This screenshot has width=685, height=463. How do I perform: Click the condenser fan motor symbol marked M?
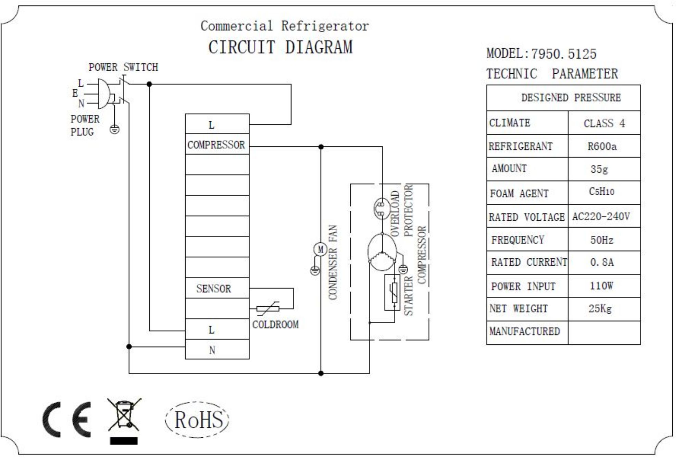(x=320, y=249)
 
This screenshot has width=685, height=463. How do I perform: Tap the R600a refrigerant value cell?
(x=602, y=146)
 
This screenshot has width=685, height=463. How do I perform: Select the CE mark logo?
(x=67, y=419)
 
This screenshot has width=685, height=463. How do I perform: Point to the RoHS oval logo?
(x=198, y=419)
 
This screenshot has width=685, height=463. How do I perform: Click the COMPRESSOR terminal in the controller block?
(x=216, y=145)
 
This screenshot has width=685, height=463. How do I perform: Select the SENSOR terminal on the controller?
(x=214, y=289)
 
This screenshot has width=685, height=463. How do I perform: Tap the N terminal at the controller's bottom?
(x=212, y=350)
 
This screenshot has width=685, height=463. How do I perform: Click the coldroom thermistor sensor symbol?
(x=268, y=308)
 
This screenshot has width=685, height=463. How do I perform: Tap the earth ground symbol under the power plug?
(x=114, y=130)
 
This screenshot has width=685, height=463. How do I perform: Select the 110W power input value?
(x=601, y=286)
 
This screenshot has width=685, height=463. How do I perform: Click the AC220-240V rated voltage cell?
(x=601, y=217)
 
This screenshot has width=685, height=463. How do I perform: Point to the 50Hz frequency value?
(x=601, y=240)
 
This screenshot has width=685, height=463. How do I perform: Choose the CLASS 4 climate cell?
(x=604, y=123)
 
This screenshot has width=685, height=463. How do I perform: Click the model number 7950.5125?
(x=563, y=54)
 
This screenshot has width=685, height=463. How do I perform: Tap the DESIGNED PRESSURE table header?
(x=571, y=98)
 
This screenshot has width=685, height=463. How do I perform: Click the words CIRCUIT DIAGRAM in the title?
(x=280, y=47)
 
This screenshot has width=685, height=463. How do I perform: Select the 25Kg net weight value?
(x=600, y=309)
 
